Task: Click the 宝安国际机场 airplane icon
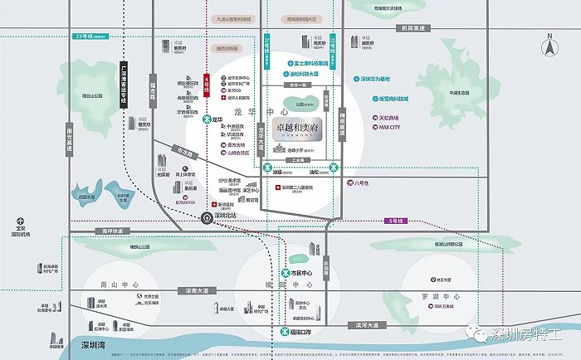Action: pyautogui.click(x=17, y=221)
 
